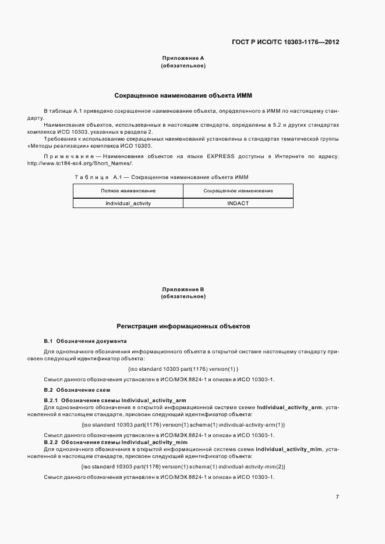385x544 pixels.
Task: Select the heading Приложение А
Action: tap(182, 58)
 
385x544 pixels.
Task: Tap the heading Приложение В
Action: tap(182, 289)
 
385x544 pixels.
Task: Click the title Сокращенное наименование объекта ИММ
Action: tap(182, 95)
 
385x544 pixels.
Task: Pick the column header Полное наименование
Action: tap(128, 191)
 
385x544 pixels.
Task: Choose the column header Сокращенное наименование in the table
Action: tap(238, 191)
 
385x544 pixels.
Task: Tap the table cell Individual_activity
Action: tap(128, 203)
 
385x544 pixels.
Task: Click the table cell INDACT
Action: tap(238, 203)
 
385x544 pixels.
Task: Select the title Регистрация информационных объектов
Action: tap(183, 327)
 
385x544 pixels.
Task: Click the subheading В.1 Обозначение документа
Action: tap(85, 341)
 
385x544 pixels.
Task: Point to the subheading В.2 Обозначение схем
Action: tap(77, 389)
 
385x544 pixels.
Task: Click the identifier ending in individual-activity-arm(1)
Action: tap(183, 425)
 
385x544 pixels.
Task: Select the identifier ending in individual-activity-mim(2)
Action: tap(183, 467)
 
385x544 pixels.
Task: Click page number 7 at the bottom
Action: tap(337, 496)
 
